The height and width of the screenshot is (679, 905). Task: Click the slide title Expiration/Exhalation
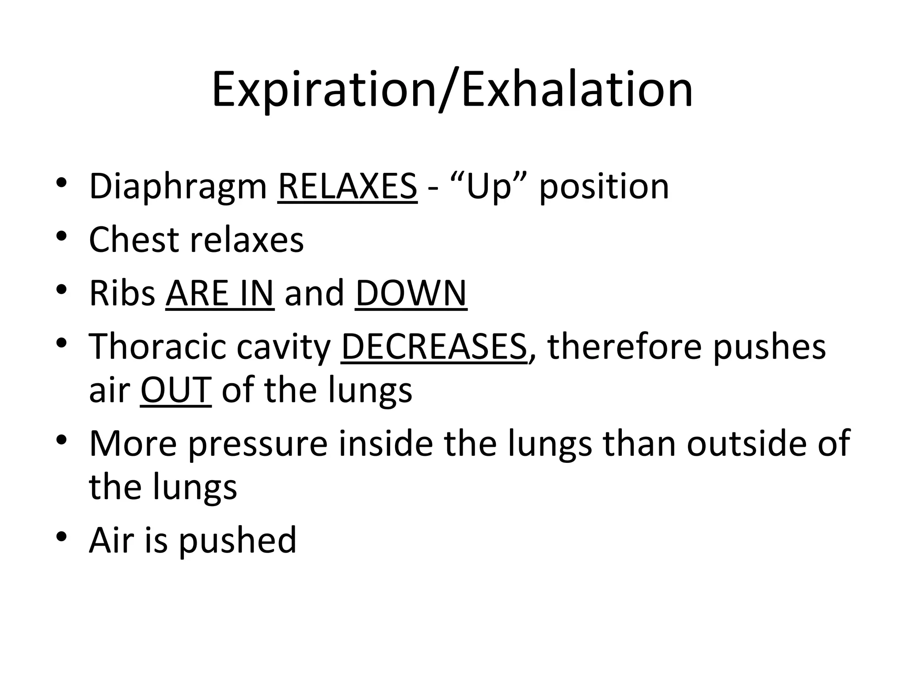(452, 91)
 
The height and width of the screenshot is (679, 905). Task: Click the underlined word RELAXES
(347, 186)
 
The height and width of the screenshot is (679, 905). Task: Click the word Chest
(133, 240)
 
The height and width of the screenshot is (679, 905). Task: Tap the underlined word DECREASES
(434, 346)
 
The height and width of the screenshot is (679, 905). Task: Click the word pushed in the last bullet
(238, 541)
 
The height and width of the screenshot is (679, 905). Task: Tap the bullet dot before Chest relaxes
(61, 237)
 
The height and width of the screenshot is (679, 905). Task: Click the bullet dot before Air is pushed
(61, 537)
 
